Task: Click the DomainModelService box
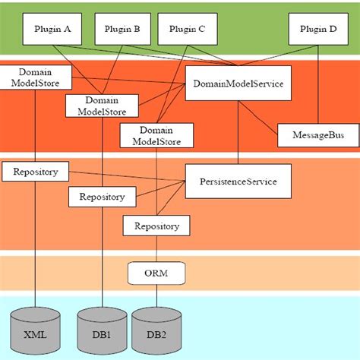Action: pos(238,83)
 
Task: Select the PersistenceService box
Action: pos(238,182)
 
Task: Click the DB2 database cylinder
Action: pos(155,333)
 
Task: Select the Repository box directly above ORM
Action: pos(157,226)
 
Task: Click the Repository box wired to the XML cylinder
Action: pos(35,172)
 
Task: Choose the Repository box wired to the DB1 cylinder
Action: pos(102,197)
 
